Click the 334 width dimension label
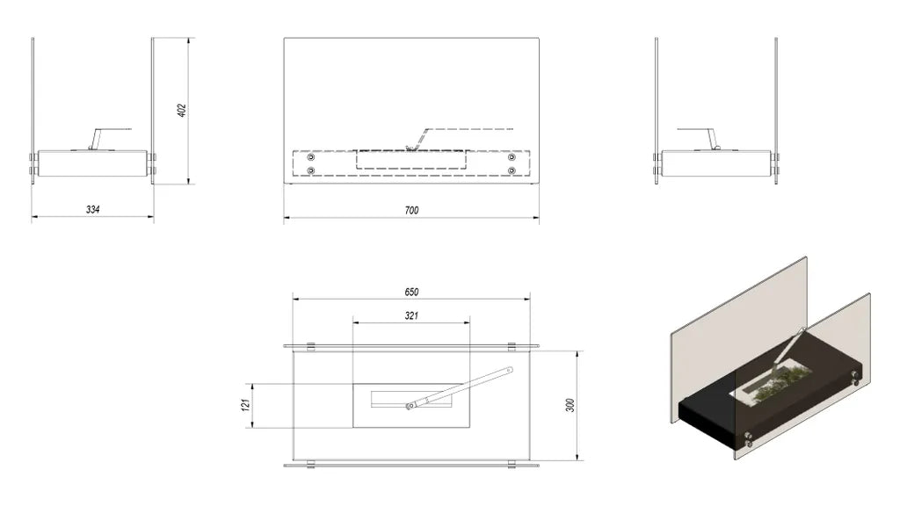click(93, 209)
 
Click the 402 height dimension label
click(182, 110)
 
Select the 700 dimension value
click(411, 211)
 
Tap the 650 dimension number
click(411, 292)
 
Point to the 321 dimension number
click(411, 315)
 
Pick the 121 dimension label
click(246, 405)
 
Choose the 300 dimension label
click(570, 406)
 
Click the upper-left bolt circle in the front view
click(311, 157)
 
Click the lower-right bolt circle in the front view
click(512, 170)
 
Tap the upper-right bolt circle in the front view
click(512, 157)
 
